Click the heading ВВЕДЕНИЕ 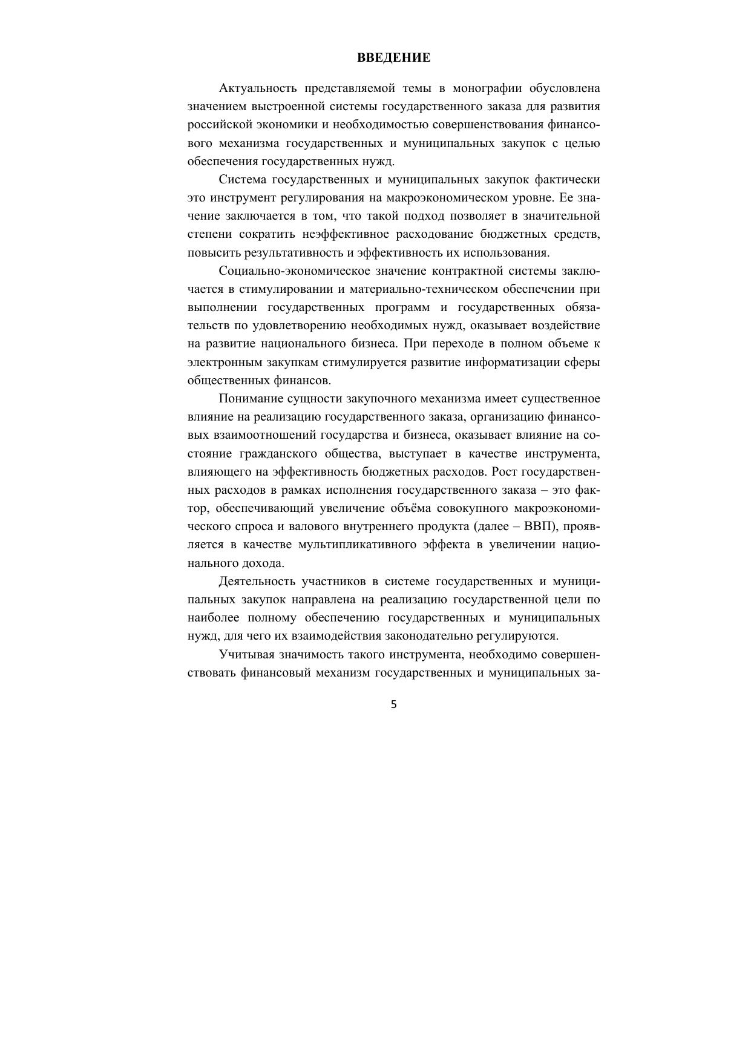(x=393, y=58)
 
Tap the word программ (x=405, y=307)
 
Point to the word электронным (x=224, y=362)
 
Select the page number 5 (x=394, y=704)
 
